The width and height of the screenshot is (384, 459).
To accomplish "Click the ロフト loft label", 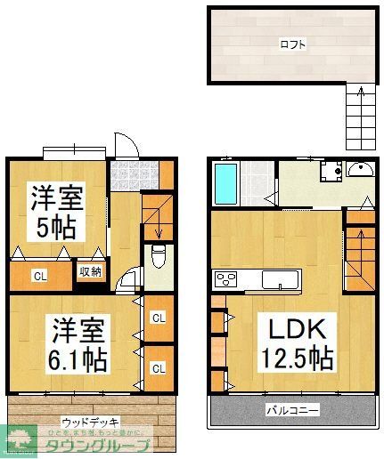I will pyautogui.click(x=291, y=42).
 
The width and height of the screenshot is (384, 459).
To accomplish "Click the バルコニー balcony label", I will pyautogui.click(x=292, y=410).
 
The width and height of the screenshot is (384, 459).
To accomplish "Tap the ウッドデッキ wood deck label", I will pyautogui.click(x=91, y=421).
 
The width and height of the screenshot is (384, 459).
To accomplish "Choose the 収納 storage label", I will pyautogui.click(x=90, y=273).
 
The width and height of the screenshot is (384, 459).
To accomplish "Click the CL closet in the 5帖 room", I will pyautogui.click(x=40, y=276).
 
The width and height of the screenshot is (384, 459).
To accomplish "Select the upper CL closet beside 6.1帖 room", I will pyautogui.click(x=158, y=317).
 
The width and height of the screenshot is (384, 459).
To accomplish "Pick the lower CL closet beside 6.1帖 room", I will pyautogui.click(x=158, y=366).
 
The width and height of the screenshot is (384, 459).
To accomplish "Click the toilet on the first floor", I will pyautogui.click(x=159, y=258).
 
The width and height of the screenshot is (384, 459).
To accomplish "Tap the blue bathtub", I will pyautogui.click(x=225, y=182).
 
